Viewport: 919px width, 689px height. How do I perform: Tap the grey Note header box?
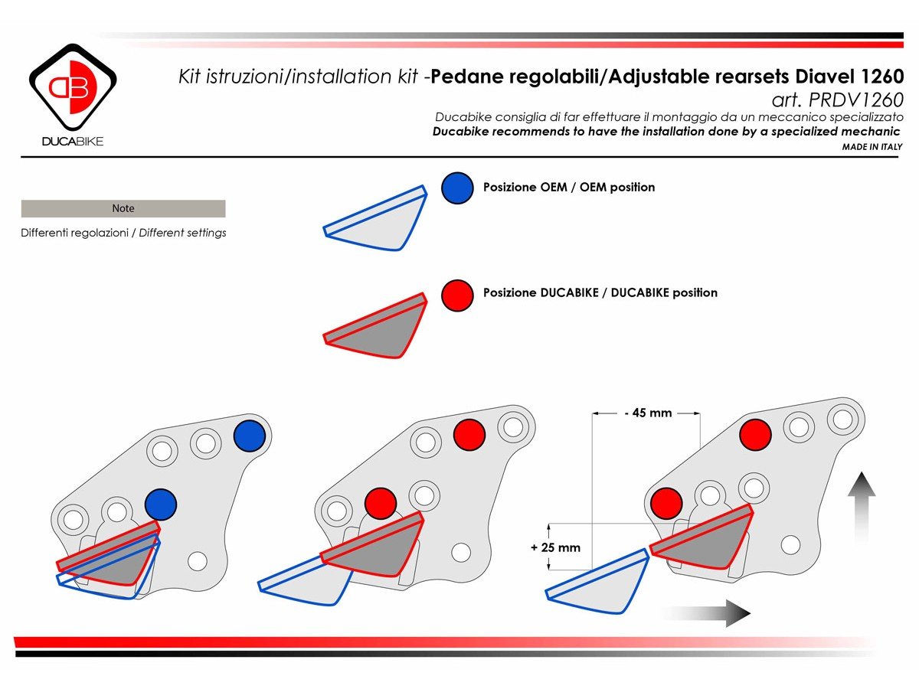pyautogui.click(x=123, y=208)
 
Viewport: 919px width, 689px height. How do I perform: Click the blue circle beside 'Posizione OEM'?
pyautogui.click(x=457, y=188)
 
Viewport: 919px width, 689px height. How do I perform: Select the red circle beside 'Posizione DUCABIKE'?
pyautogui.click(x=457, y=294)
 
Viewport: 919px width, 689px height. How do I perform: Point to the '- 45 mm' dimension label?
pyautogui.click(x=647, y=413)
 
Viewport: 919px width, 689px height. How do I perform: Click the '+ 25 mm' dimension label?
pyautogui.click(x=555, y=547)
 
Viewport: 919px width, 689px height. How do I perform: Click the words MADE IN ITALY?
pyautogui.click(x=872, y=146)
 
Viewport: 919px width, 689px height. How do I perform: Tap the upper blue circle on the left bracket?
pyautogui.click(x=249, y=436)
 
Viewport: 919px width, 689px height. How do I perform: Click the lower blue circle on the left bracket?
pyautogui.click(x=161, y=505)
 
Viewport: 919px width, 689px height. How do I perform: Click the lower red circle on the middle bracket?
pyautogui.click(x=380, y=504)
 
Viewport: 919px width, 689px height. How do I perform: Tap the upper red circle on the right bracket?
pyautogui.click(x=755, y=435)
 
